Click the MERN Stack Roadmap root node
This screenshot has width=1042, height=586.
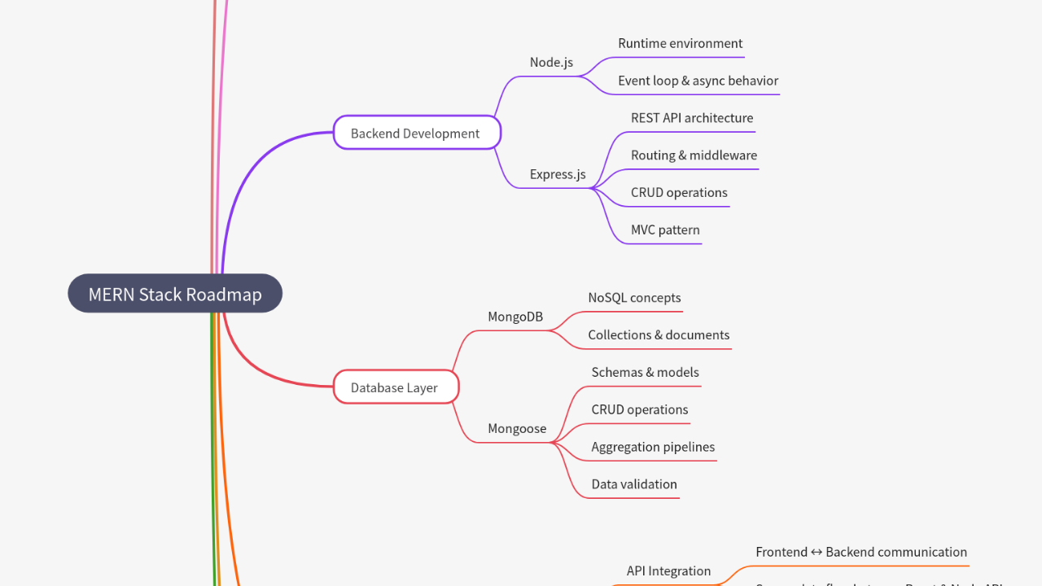175,294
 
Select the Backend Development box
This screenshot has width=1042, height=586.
416,133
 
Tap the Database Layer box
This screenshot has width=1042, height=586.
395,387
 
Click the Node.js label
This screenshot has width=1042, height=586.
551,63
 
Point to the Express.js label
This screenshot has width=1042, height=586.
558,174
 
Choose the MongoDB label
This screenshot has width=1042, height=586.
515,317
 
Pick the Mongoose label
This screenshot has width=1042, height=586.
517,428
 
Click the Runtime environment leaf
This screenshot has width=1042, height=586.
680,44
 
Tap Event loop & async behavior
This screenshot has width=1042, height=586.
698,81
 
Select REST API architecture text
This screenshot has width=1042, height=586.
692,118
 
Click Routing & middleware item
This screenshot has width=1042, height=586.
694,155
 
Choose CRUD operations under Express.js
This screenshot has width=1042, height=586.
679,193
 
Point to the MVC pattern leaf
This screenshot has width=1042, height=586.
665,230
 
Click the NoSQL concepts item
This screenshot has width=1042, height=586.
634,298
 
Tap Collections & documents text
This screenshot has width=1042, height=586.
659,335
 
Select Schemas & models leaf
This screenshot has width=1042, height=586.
645,373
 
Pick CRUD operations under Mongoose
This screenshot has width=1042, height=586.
640,410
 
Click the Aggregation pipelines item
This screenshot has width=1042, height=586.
653,447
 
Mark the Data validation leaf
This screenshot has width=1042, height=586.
634,484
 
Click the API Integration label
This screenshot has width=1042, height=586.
668,571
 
